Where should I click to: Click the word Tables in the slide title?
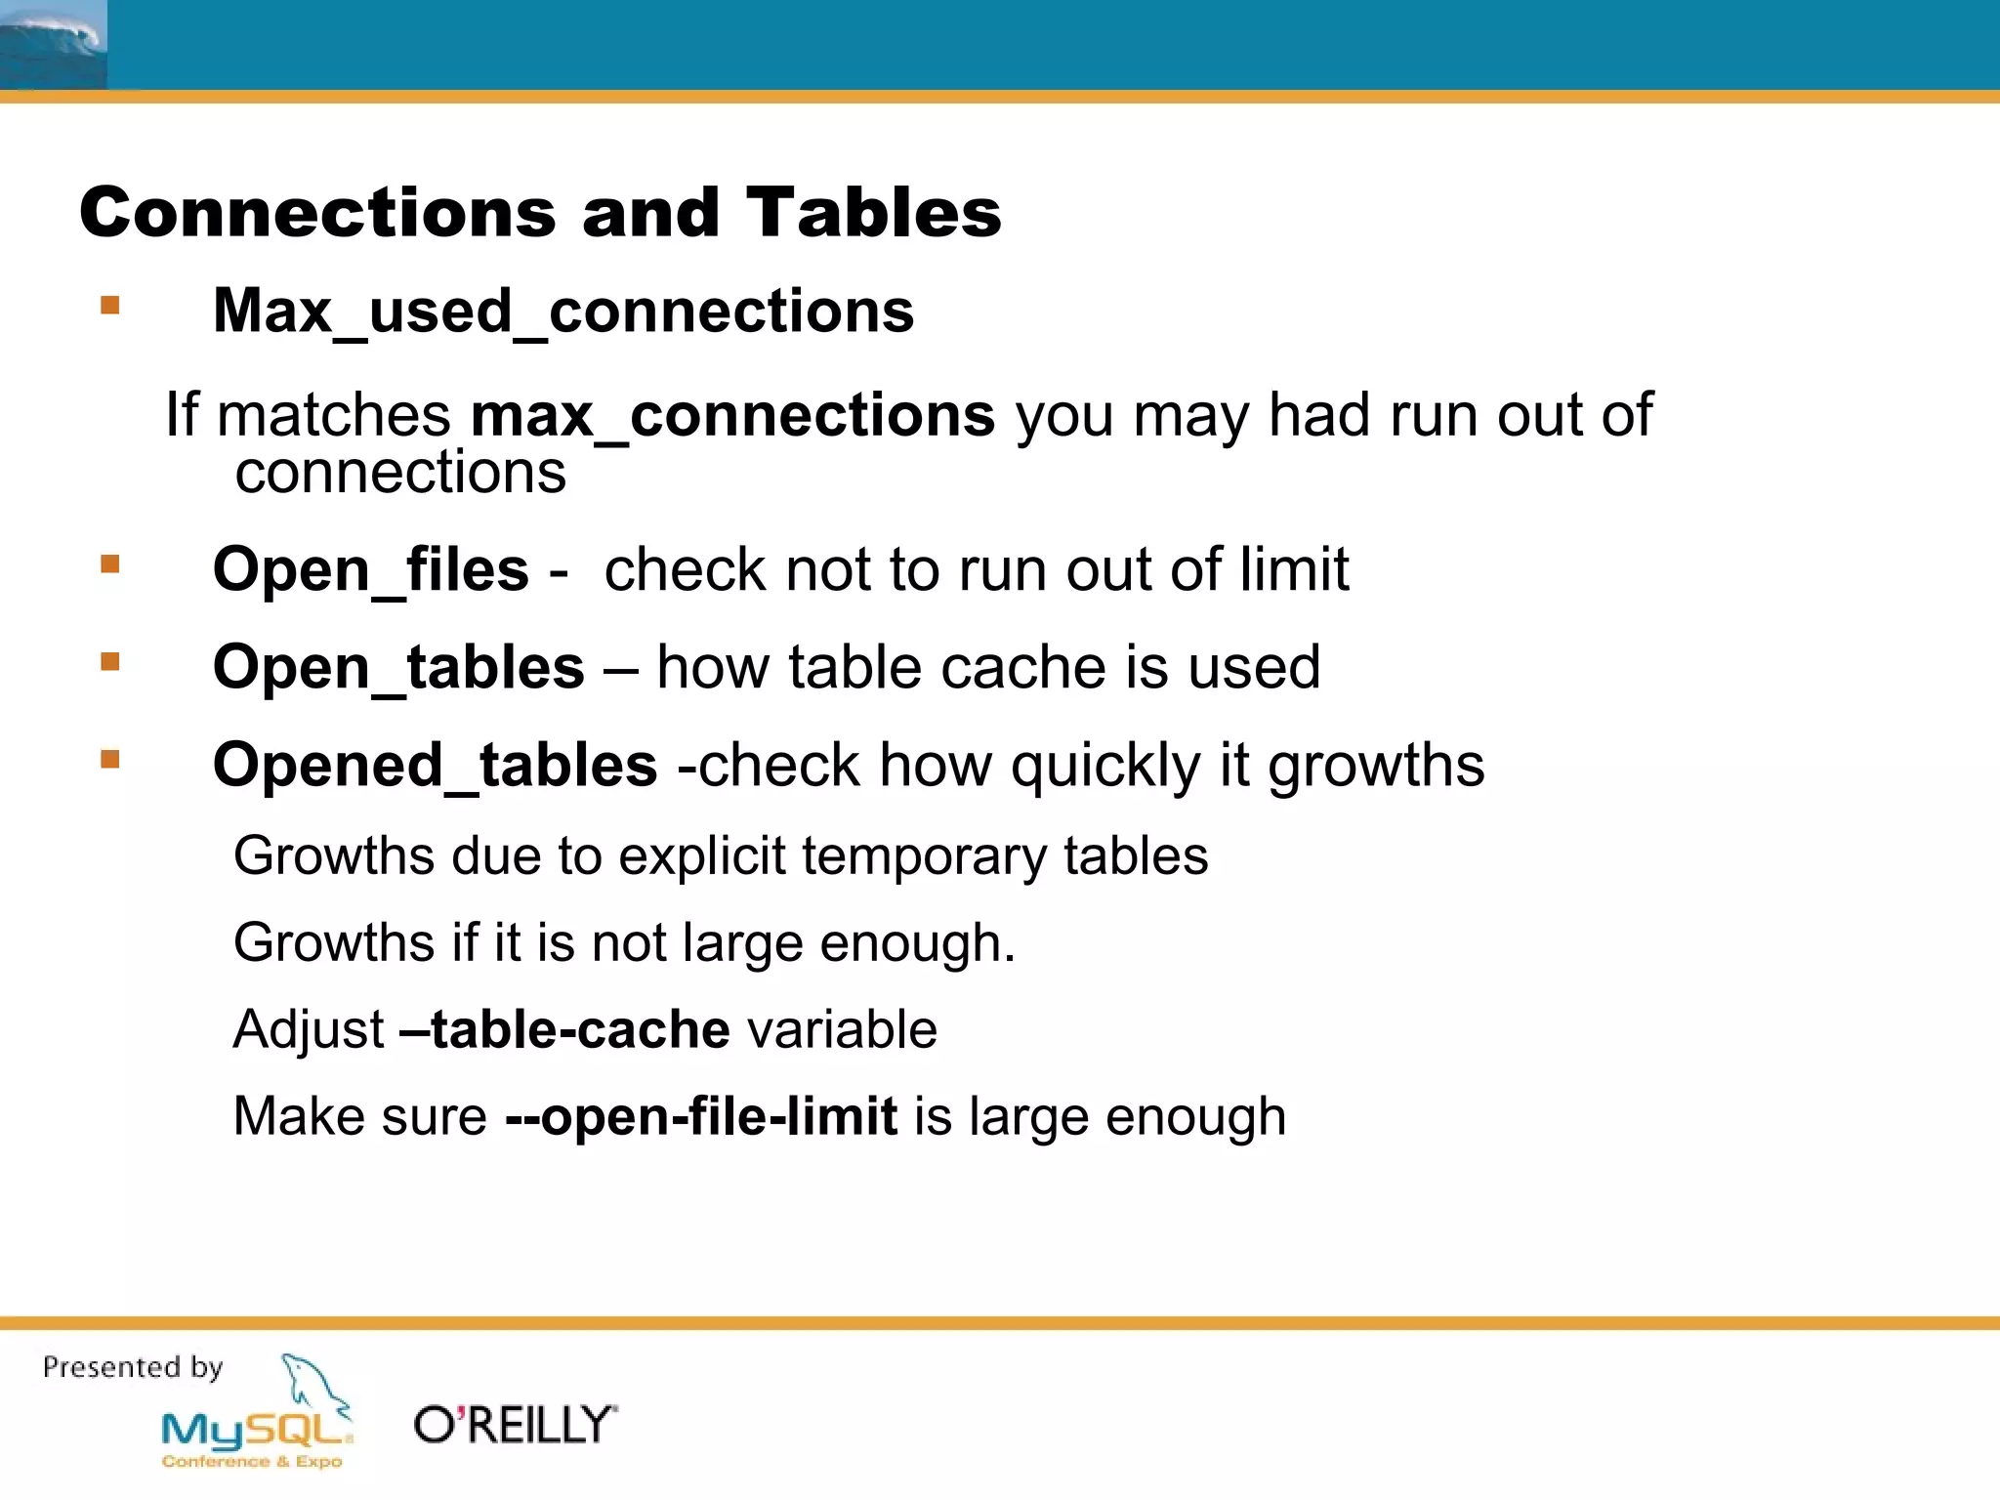click(x=873, y=212)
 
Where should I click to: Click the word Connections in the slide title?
click(x=317, y=212)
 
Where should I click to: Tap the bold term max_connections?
click(x=732, y=415)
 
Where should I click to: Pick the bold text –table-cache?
click(x=564, y=1029)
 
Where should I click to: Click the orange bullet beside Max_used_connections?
click(x=110, y=306)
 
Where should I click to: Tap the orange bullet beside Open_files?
click(x=110, y=564)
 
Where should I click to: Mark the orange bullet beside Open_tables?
click(x=110, y=662)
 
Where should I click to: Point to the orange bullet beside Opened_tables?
click(x=110, y=759)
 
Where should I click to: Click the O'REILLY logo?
click(x=515, y=1425)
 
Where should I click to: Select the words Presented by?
click(x=133, y=1367)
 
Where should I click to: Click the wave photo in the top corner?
click(x=53, y=44)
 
